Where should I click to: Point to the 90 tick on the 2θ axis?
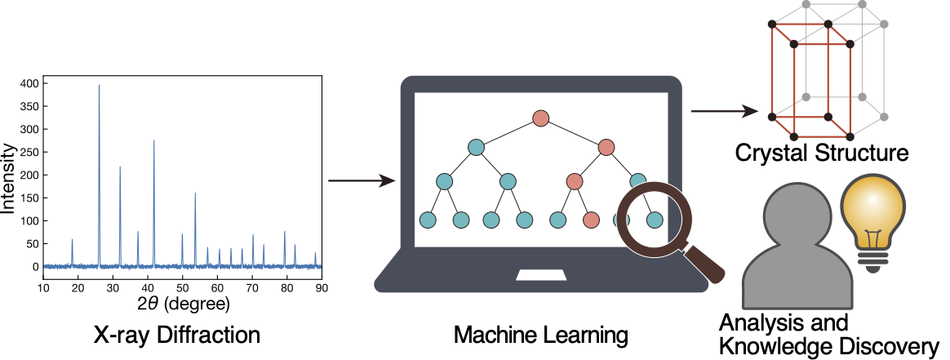[322, 287]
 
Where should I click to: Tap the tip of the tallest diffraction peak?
[100, 86]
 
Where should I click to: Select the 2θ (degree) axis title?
[184, 304]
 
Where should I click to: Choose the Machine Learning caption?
[541, 335]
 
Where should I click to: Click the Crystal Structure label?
[820, 153]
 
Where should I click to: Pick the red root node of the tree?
[540, 118]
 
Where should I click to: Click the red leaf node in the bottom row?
[592, 220]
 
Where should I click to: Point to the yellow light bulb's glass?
[876, 207]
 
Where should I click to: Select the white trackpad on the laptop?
[540, 274]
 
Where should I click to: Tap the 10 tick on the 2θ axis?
[44, 287]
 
